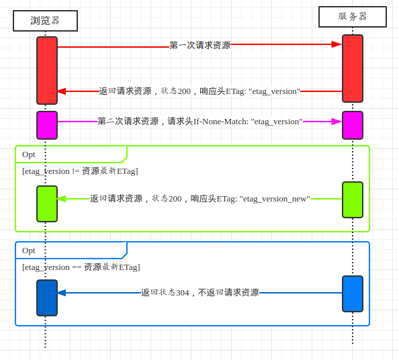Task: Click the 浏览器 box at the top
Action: pyautogui.click(x=45, y=21)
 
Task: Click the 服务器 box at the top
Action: pyautogui.click(x=353, y=17)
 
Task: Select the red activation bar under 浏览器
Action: pyautogui.click(x=47, y=71)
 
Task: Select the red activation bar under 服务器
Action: pyautogui.click(x=353, y=69)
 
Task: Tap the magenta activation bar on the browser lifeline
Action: pyautogui.click(x=47, y=125)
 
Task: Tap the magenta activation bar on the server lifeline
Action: pyautogui.click(x=353, y=125)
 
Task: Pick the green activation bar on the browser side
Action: pyautogui.click(x=47, y=204)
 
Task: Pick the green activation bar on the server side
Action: pyautogui.click(x=353, y=199)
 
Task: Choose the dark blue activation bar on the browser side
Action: pyautogui.click(x=47, y=298)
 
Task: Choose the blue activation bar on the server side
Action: pyautogui.click(x=353, y=294)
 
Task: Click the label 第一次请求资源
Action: pyautogui.click(x=200, y=45)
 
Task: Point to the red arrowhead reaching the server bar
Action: pyautogui.click(x=337, y=44)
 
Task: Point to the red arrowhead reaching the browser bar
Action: pyautogui.click(x=61, y=91)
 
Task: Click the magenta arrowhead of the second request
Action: pyautogui.click(x=337, y=122)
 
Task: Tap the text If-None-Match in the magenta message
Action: pyautogui.click(x=221, y=122)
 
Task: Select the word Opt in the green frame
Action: pyautogui.click(x=28, y=155)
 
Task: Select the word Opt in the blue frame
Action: pyautogui.click(x=28, y=251)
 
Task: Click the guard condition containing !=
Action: pyautogui.click(x=80, y=171)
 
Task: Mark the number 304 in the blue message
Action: pyautogui.click(x=183, y=293)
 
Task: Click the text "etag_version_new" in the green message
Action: pyautogui.click(x=275, y=199)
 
